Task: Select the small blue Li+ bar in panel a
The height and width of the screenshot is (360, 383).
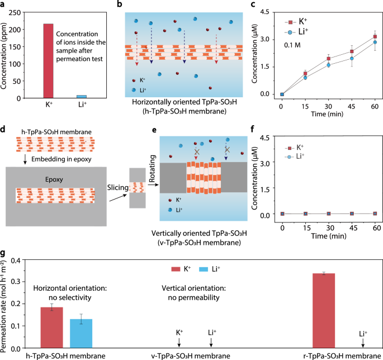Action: [82, 97]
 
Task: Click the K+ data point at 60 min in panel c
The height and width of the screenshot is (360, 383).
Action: [375, 37]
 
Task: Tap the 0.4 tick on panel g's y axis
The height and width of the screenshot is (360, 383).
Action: [21, 260]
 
